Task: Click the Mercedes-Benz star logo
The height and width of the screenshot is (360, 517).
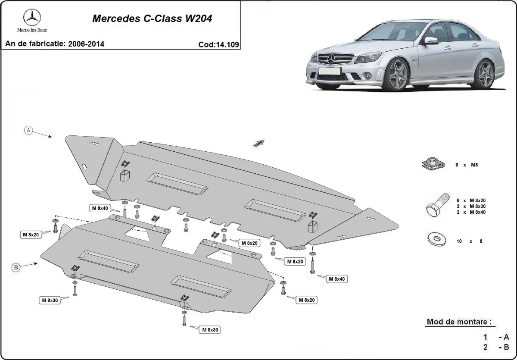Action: tap(32, 18)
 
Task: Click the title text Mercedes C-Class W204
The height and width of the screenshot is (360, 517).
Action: tap(153, 19)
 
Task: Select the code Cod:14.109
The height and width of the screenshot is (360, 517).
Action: tap(219, 44)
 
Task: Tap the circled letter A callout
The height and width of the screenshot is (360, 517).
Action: tap(29, 130)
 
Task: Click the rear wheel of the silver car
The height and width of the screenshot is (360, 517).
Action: tap(485, 74)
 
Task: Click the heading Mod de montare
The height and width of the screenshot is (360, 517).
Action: tap(459, 322)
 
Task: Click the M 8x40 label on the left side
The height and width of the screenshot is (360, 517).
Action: tap(100, 209)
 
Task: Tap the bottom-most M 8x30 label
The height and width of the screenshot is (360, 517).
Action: tap(209, 330)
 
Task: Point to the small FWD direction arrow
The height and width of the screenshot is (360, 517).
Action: tap(258, 143)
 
